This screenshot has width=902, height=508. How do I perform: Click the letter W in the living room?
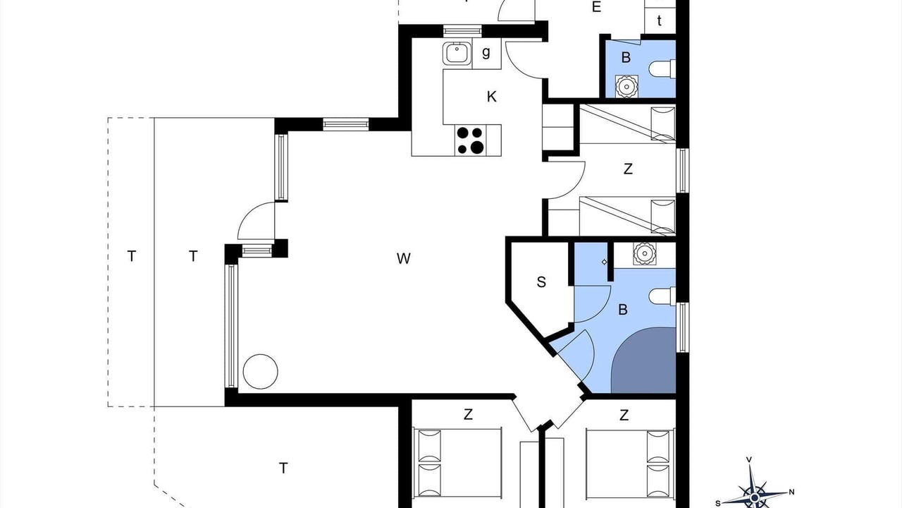(404, 258)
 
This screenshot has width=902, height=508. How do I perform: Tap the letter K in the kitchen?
(491, 97)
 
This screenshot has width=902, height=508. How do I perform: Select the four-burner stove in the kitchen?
(470, 140)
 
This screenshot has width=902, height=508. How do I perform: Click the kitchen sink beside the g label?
(457, 53)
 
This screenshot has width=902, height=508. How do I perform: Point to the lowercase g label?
(486, 52)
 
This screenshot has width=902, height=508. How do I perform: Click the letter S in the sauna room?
(541, 282)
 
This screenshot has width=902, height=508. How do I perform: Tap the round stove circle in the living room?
(261, 371)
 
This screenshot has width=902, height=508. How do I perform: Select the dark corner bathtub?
(643, 360)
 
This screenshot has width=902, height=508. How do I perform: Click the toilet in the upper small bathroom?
(662, 69)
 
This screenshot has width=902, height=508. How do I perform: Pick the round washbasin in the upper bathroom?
(626, 86)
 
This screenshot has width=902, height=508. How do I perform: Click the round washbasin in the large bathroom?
(644, 253)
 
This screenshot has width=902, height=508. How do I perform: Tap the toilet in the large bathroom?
(662, 297)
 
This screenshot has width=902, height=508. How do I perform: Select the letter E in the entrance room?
(596, 7)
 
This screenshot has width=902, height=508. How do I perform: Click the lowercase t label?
(659, 20)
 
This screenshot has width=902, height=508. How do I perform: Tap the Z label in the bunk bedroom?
(628, 169)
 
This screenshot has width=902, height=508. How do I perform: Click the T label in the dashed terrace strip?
(132, 256)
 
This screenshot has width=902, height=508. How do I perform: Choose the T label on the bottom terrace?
(283, 468)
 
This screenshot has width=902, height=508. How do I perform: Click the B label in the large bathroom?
(623, 310)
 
